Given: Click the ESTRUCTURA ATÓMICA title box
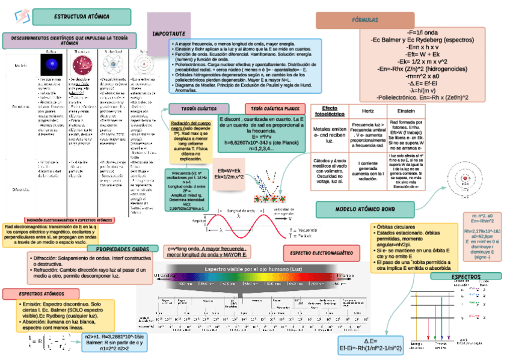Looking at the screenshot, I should tap(82, 17).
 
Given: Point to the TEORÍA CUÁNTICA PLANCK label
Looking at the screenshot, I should tap(274, 109).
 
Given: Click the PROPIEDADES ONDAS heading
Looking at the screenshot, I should tap(123, 248).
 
